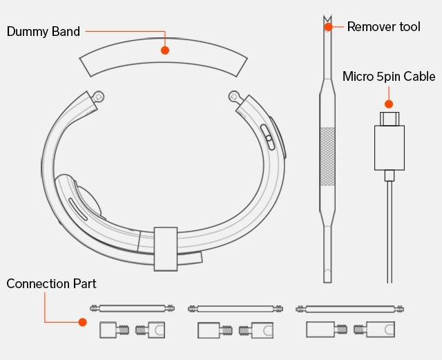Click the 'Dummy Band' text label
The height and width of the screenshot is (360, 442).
tap(44, 32)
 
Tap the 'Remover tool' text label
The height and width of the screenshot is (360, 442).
tap(383, 27)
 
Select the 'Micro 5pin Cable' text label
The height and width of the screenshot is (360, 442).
tap(388, 77)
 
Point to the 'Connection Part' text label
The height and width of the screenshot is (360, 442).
tap(51, 284)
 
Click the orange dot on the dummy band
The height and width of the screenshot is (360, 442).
tap(164, 50)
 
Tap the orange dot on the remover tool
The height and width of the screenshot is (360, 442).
tap(328, 27)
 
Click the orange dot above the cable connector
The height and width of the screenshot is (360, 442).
tap(389, 104)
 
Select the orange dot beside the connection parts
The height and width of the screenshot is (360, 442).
tap(82, 322)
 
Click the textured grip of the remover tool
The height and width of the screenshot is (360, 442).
tap(327, 156)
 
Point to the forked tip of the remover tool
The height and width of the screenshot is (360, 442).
tap(327, 20)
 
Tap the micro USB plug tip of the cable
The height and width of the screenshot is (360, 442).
tap(389, 119)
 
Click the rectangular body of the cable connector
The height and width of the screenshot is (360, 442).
tap(389, 147)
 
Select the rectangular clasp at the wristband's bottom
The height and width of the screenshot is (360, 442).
tap(165, 248)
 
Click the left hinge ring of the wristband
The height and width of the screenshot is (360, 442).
tap(98, 96)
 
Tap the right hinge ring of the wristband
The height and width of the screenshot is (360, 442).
tap(234, 97)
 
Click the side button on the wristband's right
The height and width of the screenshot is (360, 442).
tap(267, 135)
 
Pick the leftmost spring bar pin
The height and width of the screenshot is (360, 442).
tap(131, 308)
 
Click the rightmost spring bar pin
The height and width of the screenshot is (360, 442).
tap(349, 309)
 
